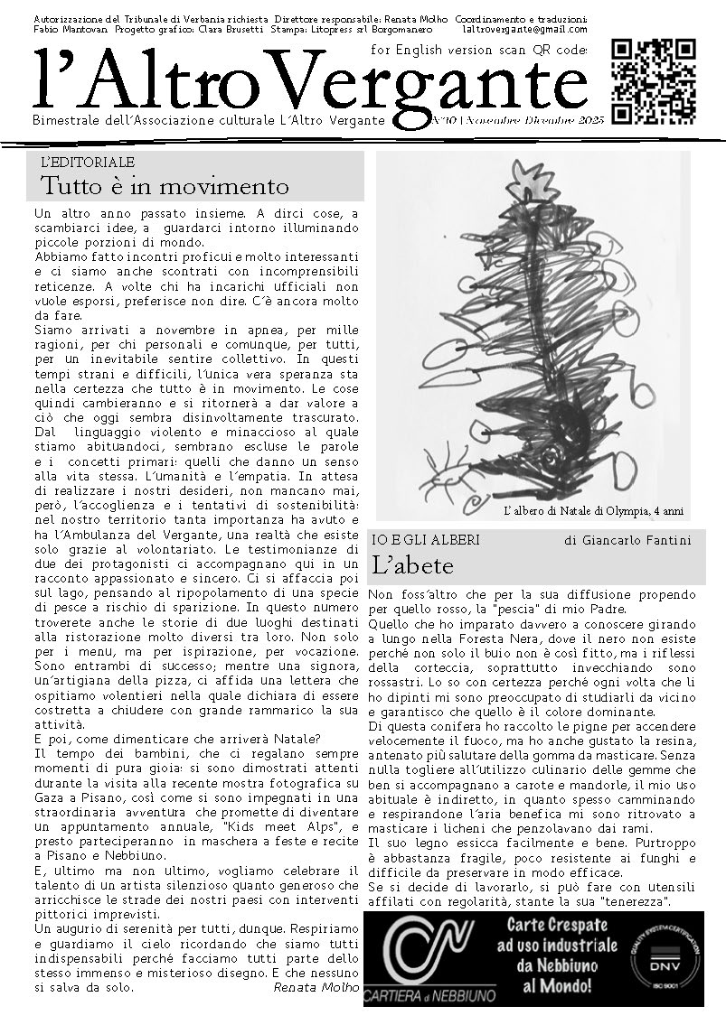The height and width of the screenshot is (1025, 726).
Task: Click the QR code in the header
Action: pos(654,81)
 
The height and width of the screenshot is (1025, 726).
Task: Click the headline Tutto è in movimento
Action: pos(165,186)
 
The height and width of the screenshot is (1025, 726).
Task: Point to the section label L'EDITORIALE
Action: pos(88,163)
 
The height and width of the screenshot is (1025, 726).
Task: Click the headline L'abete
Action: pos(413,566)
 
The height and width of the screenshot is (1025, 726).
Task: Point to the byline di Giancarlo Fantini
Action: pos(627,540)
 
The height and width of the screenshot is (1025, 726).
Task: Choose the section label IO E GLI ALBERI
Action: pos(426,540)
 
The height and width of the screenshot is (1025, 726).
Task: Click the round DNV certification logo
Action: pos(663,958)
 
